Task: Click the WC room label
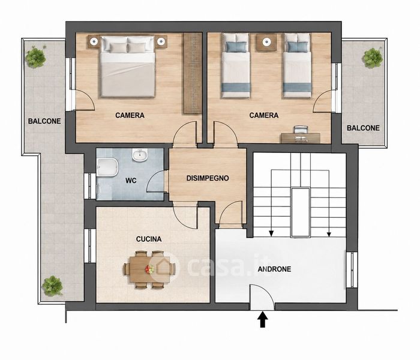pyautogui.click(x=131, y=181)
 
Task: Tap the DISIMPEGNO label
pyautogui.click(x=208, y=178)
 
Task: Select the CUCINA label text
pyautogui.click(x=149, y=239)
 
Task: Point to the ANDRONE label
pyautogui.click(x=274, y=269)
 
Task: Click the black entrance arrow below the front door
pyautogui.click(x=263, y=319)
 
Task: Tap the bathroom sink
pyautogui.click(x=140, y=155)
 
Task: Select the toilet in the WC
pyautogui.click(x=107, y=167)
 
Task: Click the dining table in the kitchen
pyautogui.click(x=149, y=269)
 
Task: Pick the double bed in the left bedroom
pyautogui.click(x=127, y=66)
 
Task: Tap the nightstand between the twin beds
pyautogui.click(x=266, y=42)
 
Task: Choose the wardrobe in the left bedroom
pyautogui.click(x=193, y=73)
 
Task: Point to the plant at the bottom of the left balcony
pyautogui.click(x=53, y=286)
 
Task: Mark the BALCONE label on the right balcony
pyautogui.click(x=363, y=128)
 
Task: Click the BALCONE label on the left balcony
pyautogui.click(x=44, y=121)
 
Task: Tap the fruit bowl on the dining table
pyautogui.click(x=149, y=269)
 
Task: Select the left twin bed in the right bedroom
pyautogui.click(x=236, y=65)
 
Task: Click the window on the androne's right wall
pyautogui.click(x=352, y=269)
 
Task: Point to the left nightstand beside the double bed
pyautogui.click(x=94, y=42)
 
